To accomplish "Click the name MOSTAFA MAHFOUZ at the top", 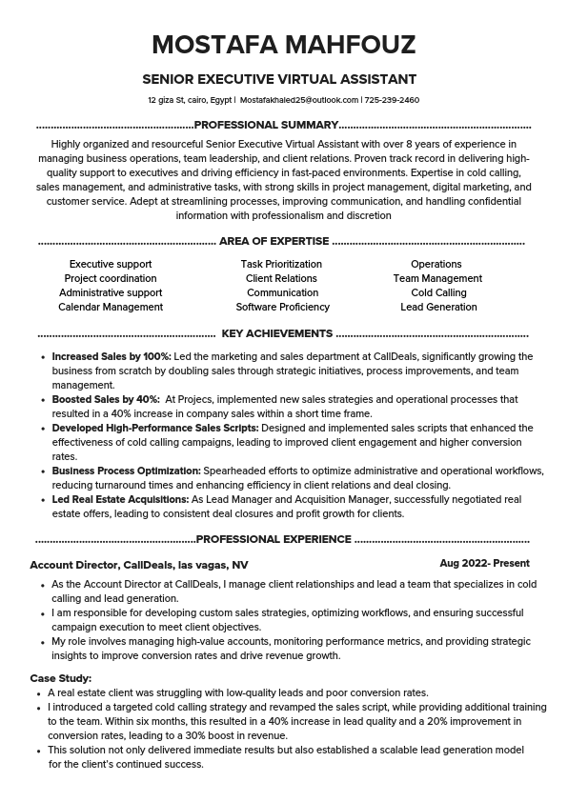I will [x=283, y=46].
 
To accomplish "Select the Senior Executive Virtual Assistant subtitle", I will [x=279, y=79].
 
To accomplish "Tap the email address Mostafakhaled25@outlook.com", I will [x=299, y=100].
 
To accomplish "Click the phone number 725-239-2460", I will [x=392, y=100].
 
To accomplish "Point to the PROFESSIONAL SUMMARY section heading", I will [x=266, y=125].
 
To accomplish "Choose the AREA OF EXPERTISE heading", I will [x=274, y=242].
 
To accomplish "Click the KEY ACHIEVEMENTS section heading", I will [x=276, y=334].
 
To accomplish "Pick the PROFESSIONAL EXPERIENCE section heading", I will [x=274, y=539].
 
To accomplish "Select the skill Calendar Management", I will [x=111, y=308].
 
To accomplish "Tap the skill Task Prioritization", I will [x=281, y=265].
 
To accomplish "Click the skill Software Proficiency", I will [x=283, y=308].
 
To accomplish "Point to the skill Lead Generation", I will [x=438, y=308].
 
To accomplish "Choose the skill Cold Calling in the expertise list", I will [x=438, y=293].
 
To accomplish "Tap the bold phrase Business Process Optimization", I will [x=126, y=471].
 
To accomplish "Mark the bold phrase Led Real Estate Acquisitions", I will [x=120, y=499].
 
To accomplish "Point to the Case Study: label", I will [x=61, y=678].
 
